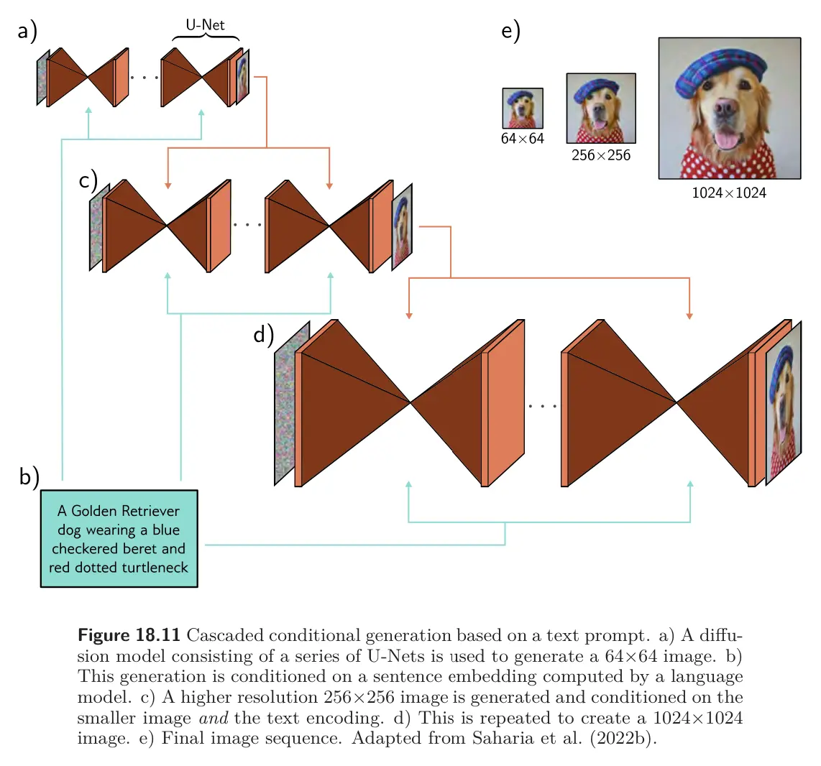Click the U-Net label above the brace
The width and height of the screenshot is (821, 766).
(x=205, y=24)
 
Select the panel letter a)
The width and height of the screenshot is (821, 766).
(x=27, y=30)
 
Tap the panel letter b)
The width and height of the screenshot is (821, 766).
(x=29, y=476)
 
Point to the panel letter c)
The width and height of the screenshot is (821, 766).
(x=88, y=180)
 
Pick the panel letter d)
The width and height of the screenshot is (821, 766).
(x=263, y=334)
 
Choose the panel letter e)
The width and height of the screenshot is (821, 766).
(x=510, y=30)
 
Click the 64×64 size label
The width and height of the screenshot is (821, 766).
(x=523, y=139)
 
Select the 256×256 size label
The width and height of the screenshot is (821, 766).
(x=601, y=155)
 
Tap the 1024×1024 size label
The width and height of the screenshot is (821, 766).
(x=729, y=193)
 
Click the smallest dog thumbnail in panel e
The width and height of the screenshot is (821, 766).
(x=523, y=109)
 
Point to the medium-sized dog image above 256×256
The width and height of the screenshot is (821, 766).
(x=601, y=109)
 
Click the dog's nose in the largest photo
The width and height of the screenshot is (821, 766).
(x=725, y=109)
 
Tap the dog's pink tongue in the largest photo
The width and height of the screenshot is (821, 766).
(x=726, y=140)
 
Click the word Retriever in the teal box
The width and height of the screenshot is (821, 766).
(x=151, y=511)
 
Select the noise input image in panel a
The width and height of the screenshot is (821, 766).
(x=42, y=78)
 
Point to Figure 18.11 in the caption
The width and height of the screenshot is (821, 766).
(x=129, y=635)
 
